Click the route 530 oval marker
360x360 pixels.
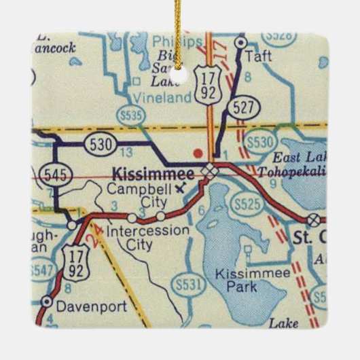click(x=100, y=144)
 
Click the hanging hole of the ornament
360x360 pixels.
click(x=180, y=67)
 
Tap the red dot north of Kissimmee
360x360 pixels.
click(x=198, y=151)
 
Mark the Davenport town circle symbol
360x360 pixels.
click(x=46, y=301)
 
